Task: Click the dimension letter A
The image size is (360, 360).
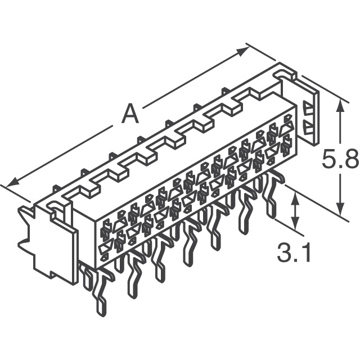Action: tap(130, 114)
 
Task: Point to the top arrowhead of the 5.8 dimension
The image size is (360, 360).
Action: tap(340, 107)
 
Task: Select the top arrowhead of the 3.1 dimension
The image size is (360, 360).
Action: tap(295, 199)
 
